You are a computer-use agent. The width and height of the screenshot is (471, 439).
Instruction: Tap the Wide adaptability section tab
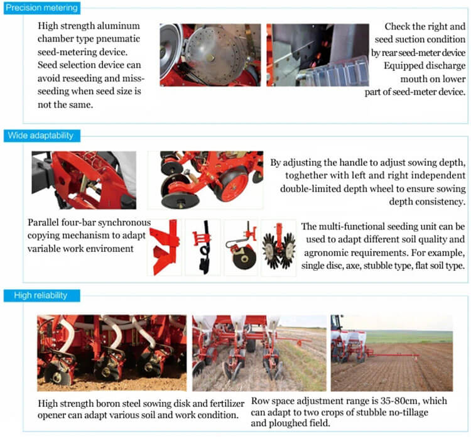pos(40,136)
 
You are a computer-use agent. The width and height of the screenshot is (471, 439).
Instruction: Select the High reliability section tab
pos(36,295)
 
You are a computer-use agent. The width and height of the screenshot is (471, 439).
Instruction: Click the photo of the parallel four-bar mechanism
pos(84,179)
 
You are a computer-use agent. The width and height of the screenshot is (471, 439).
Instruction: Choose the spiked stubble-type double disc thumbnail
pos(278,247)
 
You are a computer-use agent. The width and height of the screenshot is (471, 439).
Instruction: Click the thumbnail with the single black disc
pos(241,247)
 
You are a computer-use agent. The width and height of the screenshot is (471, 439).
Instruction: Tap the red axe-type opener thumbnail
pos(164,247)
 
